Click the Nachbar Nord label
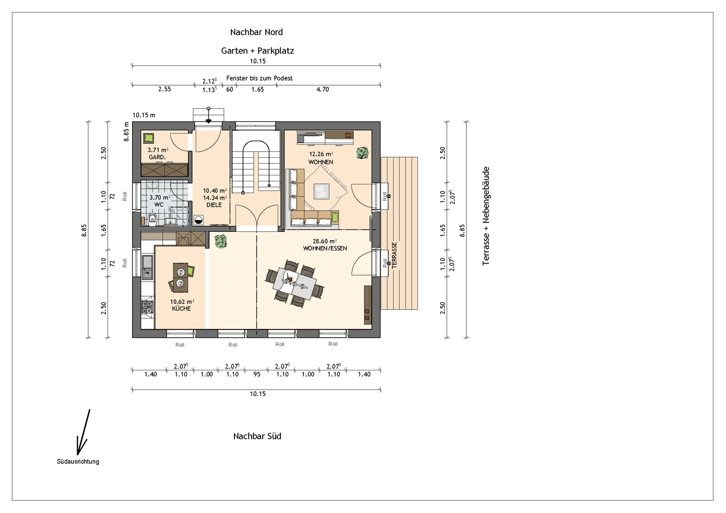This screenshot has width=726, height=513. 256,32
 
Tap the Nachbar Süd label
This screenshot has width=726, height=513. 257,436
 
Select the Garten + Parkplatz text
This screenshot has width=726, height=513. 257,51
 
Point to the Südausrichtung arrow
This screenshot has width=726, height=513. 83,432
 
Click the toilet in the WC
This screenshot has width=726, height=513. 152,219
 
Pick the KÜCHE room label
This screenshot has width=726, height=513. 181,308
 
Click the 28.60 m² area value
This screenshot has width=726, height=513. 325,241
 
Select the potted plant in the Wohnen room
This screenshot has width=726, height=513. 362,153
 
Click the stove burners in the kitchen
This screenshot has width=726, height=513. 147,306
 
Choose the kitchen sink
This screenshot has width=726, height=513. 147,267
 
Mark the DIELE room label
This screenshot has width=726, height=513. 214,205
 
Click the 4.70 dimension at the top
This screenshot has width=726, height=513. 323,89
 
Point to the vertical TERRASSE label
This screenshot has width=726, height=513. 394,255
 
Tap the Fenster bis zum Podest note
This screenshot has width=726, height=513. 259,78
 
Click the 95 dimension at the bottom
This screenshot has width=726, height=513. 257,374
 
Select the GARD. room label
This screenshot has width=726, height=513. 157,157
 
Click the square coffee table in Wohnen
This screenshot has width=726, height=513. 321,191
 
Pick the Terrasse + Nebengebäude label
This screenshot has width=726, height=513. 486,216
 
